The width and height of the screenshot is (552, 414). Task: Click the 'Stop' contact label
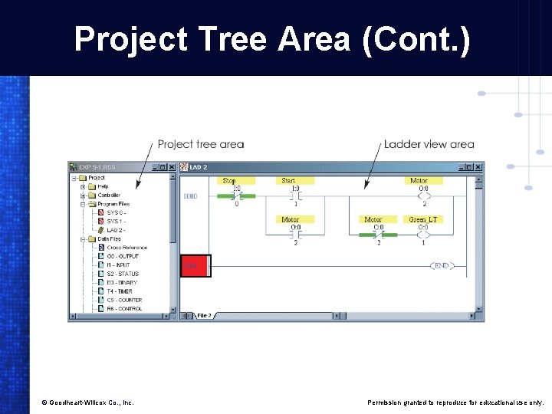[x=229, y=181]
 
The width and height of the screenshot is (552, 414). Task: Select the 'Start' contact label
[x=288, y=181]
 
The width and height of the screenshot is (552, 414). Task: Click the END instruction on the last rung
[x=442, y=265]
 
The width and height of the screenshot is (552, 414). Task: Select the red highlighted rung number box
[x=195, y=265]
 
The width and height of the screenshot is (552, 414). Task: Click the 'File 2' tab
[x=205, y=315]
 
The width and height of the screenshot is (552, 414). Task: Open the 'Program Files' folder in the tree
[x=113, y=204]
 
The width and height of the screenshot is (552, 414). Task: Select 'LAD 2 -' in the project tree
[x=116, y=230]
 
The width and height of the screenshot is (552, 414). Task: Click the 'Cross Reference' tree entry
[x=127, y=248]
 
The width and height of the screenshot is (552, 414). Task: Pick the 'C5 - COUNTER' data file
[x=124, y=300]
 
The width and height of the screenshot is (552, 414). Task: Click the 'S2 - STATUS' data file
[x=123, y=274]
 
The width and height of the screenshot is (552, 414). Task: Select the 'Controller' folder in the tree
[x=109, y=195]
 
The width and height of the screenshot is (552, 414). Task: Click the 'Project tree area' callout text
[x=201, y=144]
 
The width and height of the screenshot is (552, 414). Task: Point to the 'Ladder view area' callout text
[x=429, y=144]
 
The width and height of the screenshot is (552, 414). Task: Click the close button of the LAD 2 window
[x=478, y=166]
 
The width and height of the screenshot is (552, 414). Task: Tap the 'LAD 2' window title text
[x=198, y=167]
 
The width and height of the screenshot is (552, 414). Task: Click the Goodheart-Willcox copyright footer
[x=87, y=402]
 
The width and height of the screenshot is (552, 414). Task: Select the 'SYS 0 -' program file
[x=117, y=212]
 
